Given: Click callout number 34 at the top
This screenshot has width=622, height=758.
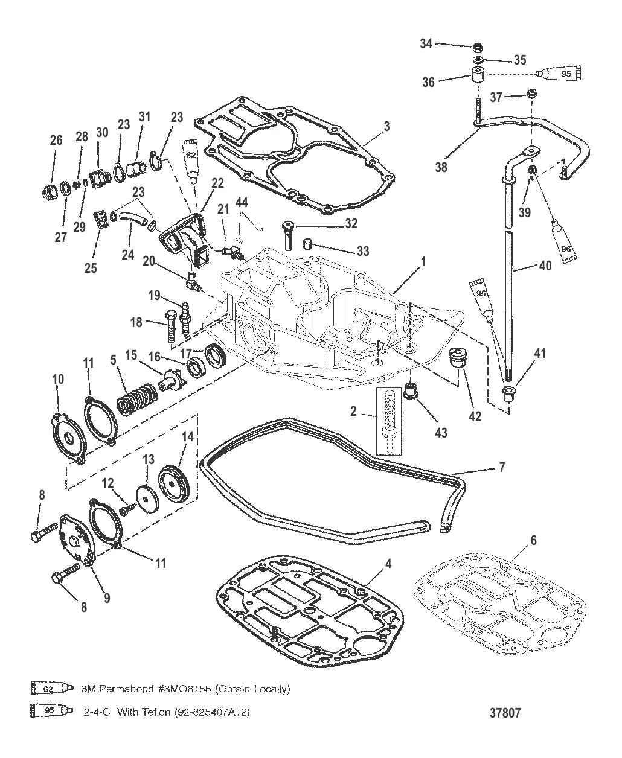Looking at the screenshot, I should pyautogui.click(x=426, y=43).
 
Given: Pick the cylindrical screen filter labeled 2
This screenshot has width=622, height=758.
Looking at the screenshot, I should pyautogui.click(x=388, y=421).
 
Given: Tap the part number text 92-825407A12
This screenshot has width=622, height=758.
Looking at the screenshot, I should pyautogui.click(x=212, y=712).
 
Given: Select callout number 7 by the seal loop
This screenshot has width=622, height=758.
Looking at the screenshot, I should pyautogui.click(x=502, y=467).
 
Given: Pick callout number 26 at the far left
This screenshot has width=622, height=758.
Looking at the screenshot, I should pyautogui.click(x=56, y=141).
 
